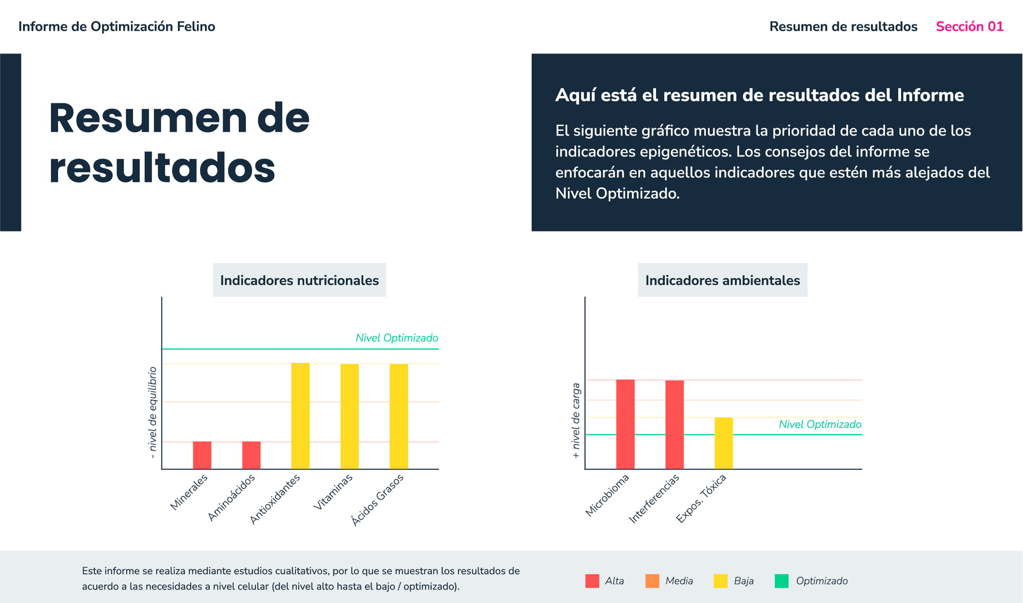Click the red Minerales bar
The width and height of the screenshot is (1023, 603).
coord(202,455)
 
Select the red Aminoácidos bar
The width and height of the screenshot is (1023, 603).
coord(251,455)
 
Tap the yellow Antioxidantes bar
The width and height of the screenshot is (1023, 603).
coord(300,416)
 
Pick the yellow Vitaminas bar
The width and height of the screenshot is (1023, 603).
coord(349,416)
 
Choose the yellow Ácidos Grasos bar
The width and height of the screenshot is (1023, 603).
coord(398,416)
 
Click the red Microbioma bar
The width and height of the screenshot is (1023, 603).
coord(625,424)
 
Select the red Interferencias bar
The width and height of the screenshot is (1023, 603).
coord(675,425)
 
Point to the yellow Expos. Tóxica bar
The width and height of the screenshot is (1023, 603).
coord(724,443)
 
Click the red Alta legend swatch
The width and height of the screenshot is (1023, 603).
coord(592,581)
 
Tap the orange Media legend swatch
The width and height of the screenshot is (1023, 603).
coord(652,581)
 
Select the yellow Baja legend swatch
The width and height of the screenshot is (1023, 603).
coord(720,581)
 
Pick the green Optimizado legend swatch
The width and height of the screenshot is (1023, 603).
coord(781,581)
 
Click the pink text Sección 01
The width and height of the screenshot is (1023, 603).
coord(969,26)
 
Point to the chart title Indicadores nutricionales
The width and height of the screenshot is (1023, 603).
coord(299,281)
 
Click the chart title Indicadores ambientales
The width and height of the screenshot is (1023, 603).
coord(722,281)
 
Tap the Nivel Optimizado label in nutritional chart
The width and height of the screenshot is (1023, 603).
coord(396,338)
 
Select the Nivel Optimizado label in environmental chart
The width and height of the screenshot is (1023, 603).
coord(820,424)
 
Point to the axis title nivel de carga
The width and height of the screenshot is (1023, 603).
coord(576,420)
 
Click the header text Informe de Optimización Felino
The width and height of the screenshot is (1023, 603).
coord(117,26)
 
